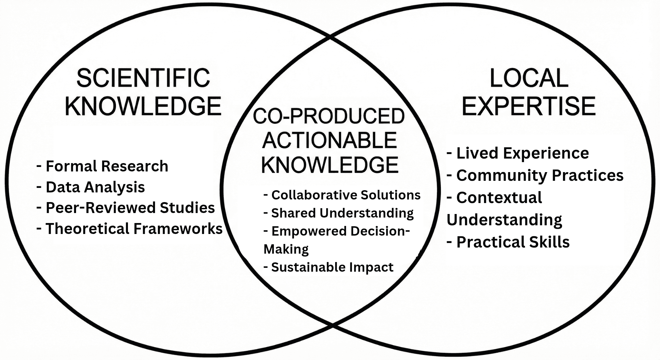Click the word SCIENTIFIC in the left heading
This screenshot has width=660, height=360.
[143, 78]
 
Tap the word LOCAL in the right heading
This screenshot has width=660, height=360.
[529, 78]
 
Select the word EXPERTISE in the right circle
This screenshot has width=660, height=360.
[529, 106]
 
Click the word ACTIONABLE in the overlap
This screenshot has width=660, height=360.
[329, 141]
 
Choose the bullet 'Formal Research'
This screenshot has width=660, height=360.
[106, 166]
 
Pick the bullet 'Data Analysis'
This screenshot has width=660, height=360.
[95, 187]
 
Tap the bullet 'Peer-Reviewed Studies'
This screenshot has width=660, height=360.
[130, 208]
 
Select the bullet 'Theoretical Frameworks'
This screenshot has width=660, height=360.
[133, 229]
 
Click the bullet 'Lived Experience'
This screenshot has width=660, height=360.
[522, 153]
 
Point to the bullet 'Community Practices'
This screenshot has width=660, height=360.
[539, 175]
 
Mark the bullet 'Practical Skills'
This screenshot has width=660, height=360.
[512, 242]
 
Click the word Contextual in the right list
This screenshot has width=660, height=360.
[499, 198]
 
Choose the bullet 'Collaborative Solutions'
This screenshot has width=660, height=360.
[345, 195]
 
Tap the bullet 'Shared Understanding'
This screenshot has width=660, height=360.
[342, 213]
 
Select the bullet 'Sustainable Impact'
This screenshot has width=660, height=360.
[332, 267]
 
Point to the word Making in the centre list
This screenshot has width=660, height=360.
[286, 249]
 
